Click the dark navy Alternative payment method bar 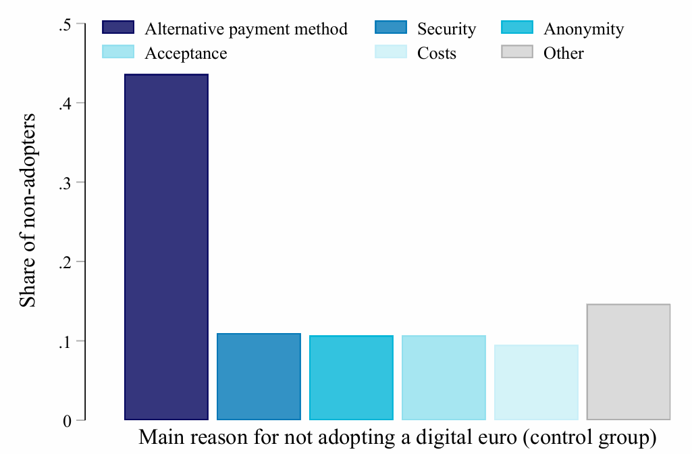pyautogui.click(x=166, y=247)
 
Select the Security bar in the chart pyautogui.click(x=259, y=376)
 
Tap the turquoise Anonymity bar pyautogui.click(x=351, y=377)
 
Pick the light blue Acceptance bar pyautogui.click(x=444, y=377)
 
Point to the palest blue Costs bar pyautogui.click(x=536, y=382)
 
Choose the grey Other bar pyautogui.click(x=629, y=361)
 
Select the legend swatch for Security pyautogui.click(x=390, y=28)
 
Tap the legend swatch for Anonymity pyautogui.click(x=517, y=28)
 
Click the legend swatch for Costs pyautogui.click(x=390, y=52)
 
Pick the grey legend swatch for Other pyautogui.click(x=517, y=52)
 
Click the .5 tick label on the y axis pyautogui.click(x=65, y=24)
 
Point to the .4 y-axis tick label pyautogui.click(x=65, y=103)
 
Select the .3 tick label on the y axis pyautogui.click(x=65, y=182)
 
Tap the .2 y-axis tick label pyautogui.click(x=65, y=262)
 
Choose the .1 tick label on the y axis pyautogui.click(x=65, y=341)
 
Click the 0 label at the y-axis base pyautogui.click(x=68, y=421)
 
